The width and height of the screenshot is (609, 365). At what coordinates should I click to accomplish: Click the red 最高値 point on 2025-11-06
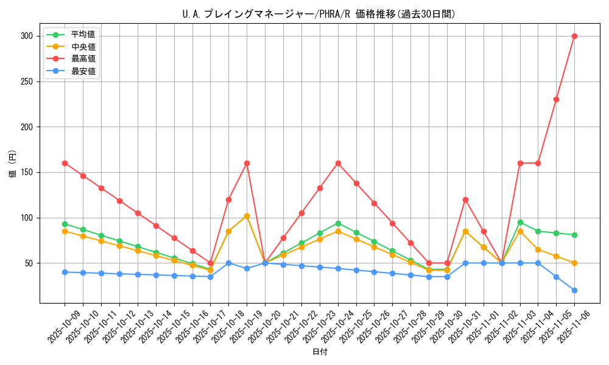pos(574,36)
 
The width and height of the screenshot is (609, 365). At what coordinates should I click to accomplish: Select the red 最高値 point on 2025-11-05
pos(556,99)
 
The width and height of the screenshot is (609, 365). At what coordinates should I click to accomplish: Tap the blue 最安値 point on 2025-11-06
pos(574,290)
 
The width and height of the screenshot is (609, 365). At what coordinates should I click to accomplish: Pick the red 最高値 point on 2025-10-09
pos(65,163)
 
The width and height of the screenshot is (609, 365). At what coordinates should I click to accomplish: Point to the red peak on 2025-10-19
pos(247,163)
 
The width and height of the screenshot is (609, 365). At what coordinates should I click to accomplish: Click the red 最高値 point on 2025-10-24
pos(338,163)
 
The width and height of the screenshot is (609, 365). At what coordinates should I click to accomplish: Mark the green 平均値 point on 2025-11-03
pos(520,222)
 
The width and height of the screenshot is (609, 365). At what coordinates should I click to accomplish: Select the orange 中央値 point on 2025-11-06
pos(574,263)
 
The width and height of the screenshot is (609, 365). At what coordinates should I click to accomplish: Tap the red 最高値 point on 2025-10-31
pos(465,200)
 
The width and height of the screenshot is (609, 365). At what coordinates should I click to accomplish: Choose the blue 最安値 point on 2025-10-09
pos(65,272)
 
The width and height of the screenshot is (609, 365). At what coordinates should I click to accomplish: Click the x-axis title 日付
pos(320,352)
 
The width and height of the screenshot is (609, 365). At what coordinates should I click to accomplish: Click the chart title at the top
pos(319,14)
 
